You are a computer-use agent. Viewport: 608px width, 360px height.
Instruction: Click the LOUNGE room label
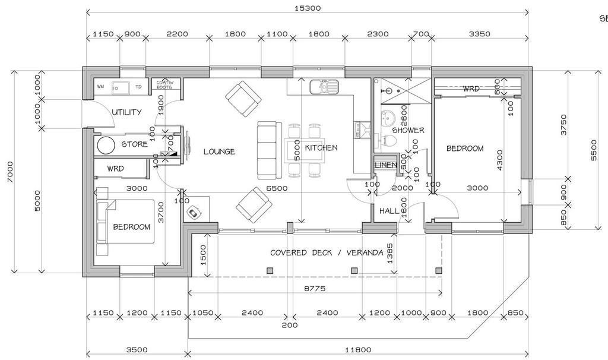coord(219,151)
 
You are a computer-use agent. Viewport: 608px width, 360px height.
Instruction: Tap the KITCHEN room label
coord(321,148)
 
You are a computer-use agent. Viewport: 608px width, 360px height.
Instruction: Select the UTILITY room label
coord(126,112)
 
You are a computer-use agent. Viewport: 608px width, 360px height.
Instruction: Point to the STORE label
coord(134,144)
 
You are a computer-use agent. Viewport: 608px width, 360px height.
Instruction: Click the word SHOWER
coord(408,130)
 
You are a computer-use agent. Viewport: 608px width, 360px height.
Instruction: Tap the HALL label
coord(389,210)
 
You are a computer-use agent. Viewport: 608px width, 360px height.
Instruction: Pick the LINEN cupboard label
coord(386,165)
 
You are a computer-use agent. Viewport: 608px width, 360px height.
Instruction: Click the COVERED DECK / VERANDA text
coord(327,252)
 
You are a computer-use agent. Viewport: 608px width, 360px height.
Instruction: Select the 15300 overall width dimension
coord(307,8)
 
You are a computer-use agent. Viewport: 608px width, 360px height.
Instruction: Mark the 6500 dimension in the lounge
coord(276,188)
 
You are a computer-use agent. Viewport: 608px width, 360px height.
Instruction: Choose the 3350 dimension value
coord(479,34)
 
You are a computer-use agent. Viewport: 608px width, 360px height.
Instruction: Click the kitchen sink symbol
coord(324,87)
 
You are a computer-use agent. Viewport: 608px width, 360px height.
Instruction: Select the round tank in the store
coord(106,146)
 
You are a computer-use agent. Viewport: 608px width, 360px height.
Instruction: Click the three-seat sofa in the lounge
coord(267,151)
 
